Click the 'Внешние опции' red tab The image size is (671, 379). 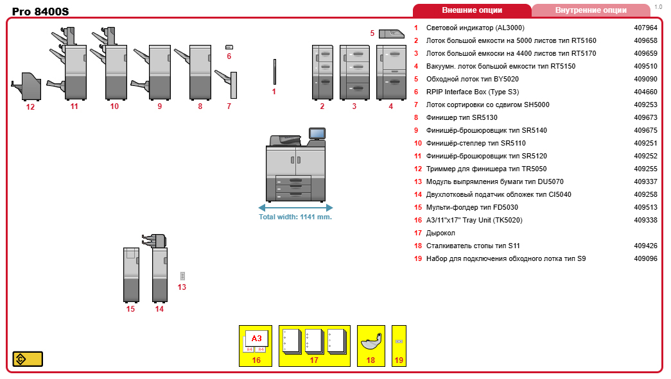pos(472,10)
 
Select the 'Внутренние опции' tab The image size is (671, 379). pos(591,10)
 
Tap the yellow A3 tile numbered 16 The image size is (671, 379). pos(256,345)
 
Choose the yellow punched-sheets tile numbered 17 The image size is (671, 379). pos(314,345)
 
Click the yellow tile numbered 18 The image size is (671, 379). pos(370,345)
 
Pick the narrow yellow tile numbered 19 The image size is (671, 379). pos(399,345)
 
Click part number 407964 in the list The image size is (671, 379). pos(645,28)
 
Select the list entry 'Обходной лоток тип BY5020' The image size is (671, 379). pos(472,79)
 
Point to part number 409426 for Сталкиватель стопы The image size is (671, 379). pos(645,246)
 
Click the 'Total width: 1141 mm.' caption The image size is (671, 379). pos(295,217)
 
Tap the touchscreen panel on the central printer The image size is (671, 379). pos(317,133)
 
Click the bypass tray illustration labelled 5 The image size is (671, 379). pos(391,33)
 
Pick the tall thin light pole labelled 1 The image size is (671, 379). pos(274,72)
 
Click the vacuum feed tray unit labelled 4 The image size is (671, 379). pos(391,72)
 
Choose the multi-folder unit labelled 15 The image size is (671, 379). pos(131,274)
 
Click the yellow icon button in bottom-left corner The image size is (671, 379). pos(28,358)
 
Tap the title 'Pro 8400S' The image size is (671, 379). pos(40,12)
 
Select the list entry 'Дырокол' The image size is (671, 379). pos(440,233)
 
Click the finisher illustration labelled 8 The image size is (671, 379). pos(200,72)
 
